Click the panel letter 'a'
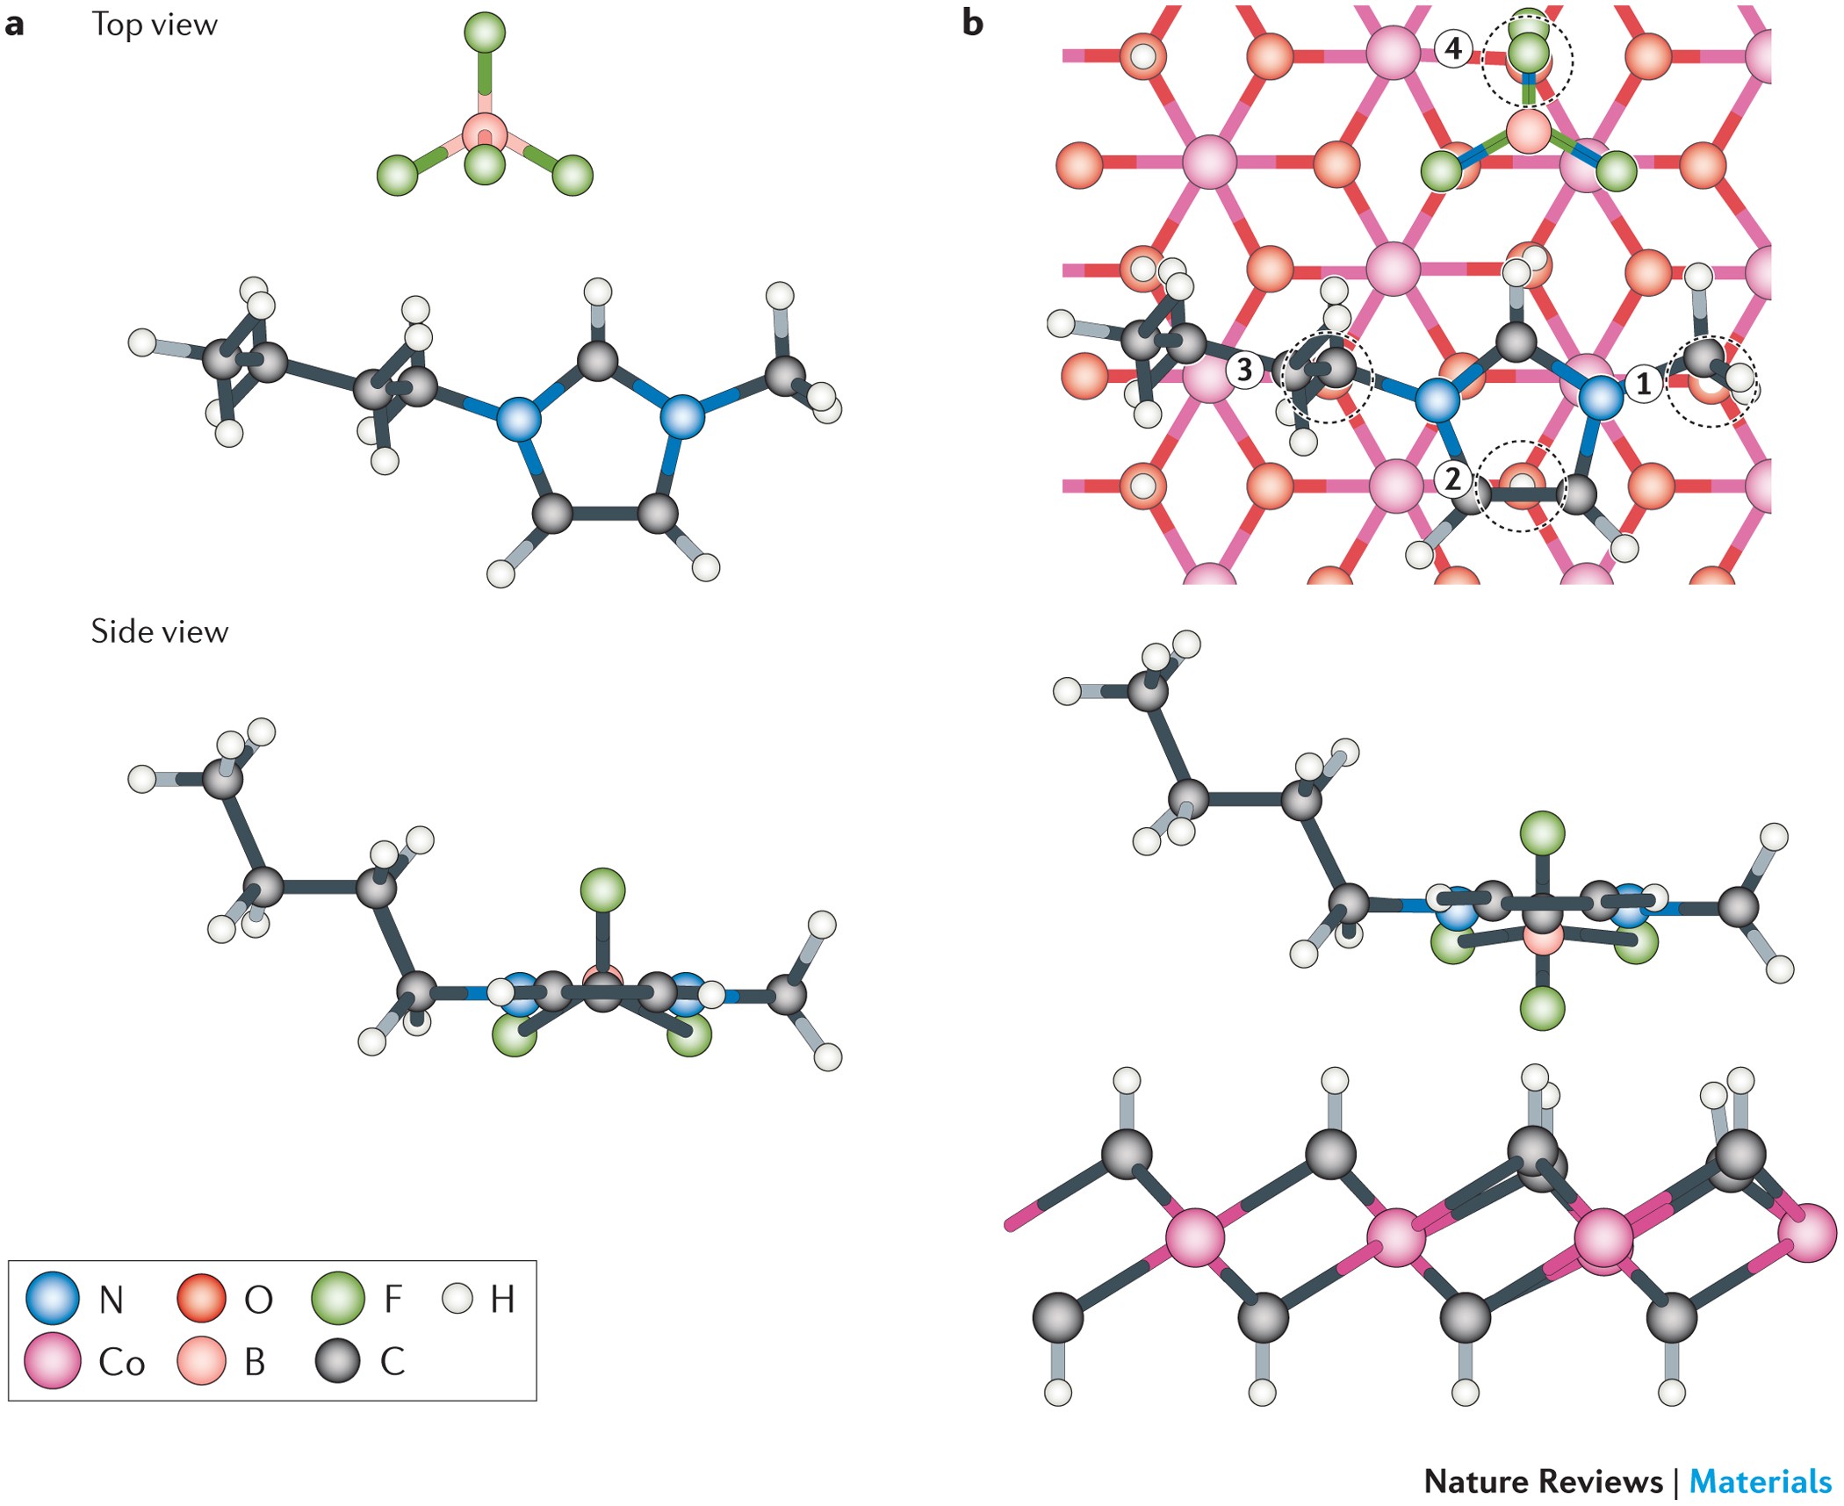point(14,25)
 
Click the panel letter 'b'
point(972,23)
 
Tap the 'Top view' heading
point(155,25)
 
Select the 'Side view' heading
point(159,631)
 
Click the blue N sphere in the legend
point(53,1297)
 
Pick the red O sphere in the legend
point(202,1297)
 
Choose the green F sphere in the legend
point(338,1297)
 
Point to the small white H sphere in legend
point(457,1297)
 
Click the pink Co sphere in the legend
point(53,1360)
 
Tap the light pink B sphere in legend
point(202,1360)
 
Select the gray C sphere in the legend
point(338,1360)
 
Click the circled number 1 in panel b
point(1643,383)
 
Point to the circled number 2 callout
point(1453,479)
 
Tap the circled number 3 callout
point(1244,370)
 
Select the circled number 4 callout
point(1453,47)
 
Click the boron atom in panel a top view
point(485,133)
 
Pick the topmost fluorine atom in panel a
point(485,32)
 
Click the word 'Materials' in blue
point(1760,1481)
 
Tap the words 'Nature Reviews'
point(1543,1481)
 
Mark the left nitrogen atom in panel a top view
point(519,419)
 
